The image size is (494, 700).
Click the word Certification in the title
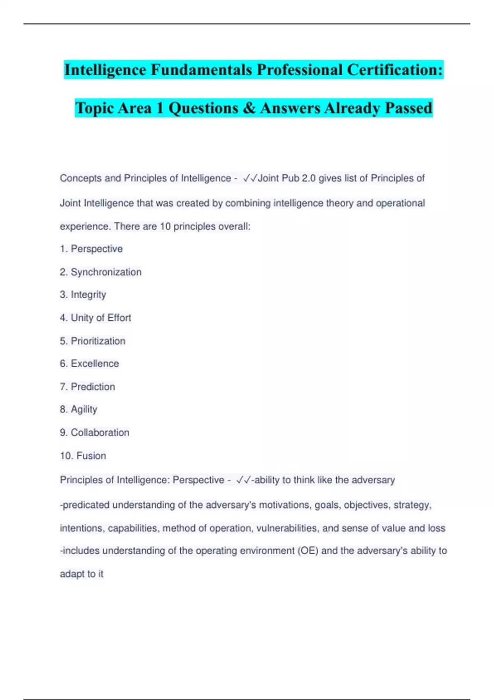coord(395,70)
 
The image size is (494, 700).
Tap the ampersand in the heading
coord(249,108)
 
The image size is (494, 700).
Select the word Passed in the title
coord(408,108)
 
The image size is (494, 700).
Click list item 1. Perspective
coord(91,249)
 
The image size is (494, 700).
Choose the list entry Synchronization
coord(100,272)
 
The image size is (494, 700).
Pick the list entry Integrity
coord(83,294)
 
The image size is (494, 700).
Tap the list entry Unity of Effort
coord(95,317)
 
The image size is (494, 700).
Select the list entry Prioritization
coord(92,341)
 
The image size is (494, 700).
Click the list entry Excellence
coord(89,364)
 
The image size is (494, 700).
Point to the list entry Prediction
coord(87,387)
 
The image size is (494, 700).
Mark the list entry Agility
coord(78,409)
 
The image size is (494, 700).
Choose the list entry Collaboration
coord(94,432)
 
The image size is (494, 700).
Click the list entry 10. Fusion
coord(83,455)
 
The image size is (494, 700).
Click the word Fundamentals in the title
coord(201,70)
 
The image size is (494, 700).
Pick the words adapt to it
coord(82,574)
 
